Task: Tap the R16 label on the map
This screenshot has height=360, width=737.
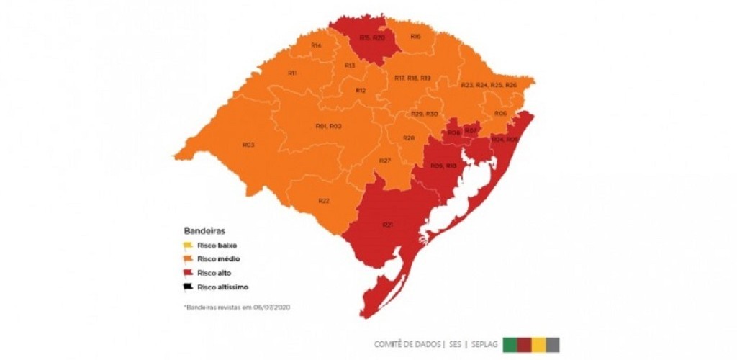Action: click(415, 37)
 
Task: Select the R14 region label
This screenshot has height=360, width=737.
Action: click(316, 45)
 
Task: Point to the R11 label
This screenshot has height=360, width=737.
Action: click(293, 73)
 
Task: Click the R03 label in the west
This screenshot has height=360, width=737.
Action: click(248, 145)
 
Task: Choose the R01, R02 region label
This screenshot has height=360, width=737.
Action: click(328, 126)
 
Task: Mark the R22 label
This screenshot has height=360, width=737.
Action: click(324, 200)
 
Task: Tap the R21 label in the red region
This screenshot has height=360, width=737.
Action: click(387, 225)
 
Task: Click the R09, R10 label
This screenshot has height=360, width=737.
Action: click(443, 166)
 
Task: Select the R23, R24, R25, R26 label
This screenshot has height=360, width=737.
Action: click(489, 86)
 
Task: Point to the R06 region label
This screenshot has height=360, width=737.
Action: click(500, 114)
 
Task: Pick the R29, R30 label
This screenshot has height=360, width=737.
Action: click(424, 114)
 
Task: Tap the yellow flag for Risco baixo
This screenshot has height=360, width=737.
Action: click(188, 245)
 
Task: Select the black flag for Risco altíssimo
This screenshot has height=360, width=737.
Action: click(188, 286)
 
